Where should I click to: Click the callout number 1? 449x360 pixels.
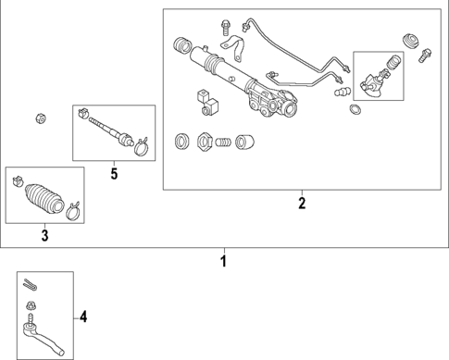click(222, 261)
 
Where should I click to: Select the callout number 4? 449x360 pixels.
click(83, 318)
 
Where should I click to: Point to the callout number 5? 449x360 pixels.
click(113, 172)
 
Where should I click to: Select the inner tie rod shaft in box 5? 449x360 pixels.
click(110, 130)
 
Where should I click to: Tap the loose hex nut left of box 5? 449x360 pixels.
click(40, 118)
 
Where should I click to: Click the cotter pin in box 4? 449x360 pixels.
click(31, 283)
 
